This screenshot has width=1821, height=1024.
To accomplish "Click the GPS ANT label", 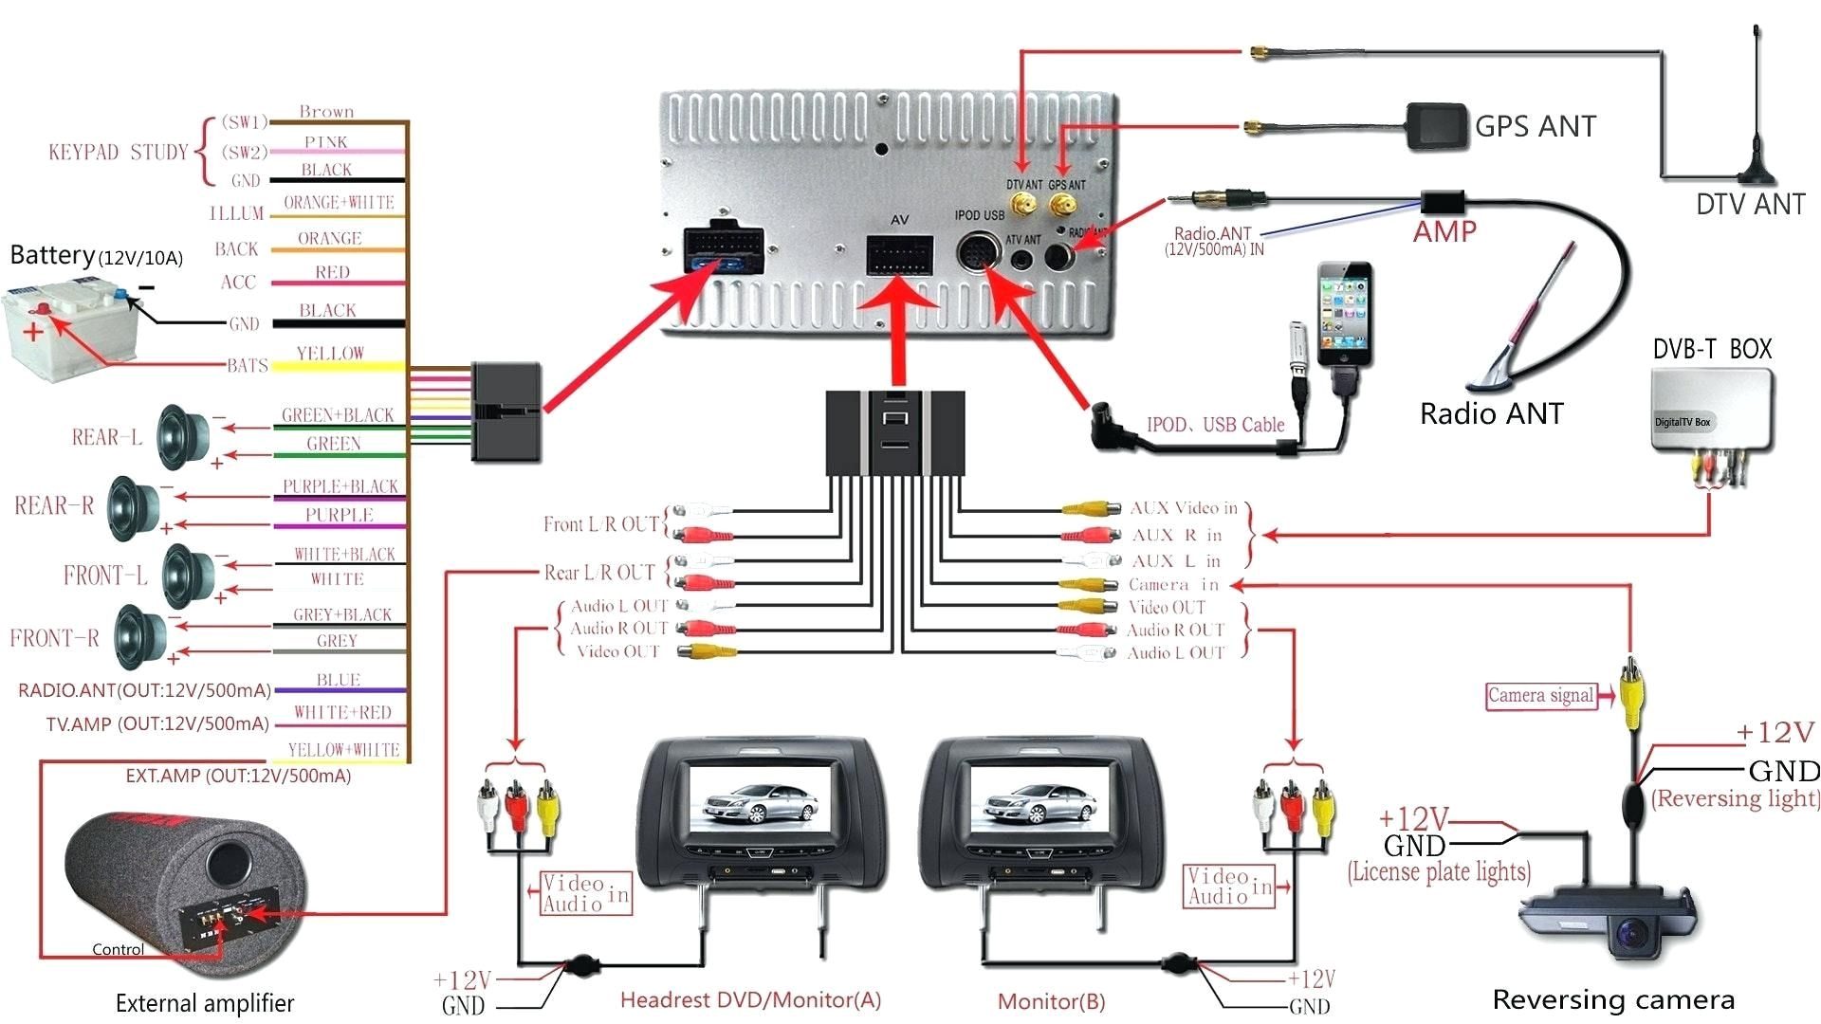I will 1535,126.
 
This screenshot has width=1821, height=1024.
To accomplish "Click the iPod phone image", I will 1344,315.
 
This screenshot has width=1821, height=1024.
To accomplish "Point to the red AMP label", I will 1444,231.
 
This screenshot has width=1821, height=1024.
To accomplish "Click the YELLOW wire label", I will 330,354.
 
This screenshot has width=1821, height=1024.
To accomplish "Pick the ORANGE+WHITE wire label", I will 339,203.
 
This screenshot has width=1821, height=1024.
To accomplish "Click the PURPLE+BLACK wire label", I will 340,486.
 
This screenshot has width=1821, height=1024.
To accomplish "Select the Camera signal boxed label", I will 1540,696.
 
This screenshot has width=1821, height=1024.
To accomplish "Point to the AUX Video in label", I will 1184,508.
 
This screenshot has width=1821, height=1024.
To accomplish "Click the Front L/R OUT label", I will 600,524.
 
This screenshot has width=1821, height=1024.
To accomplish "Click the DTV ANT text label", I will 1750,204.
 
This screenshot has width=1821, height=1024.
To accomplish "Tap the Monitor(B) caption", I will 1051,1001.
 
